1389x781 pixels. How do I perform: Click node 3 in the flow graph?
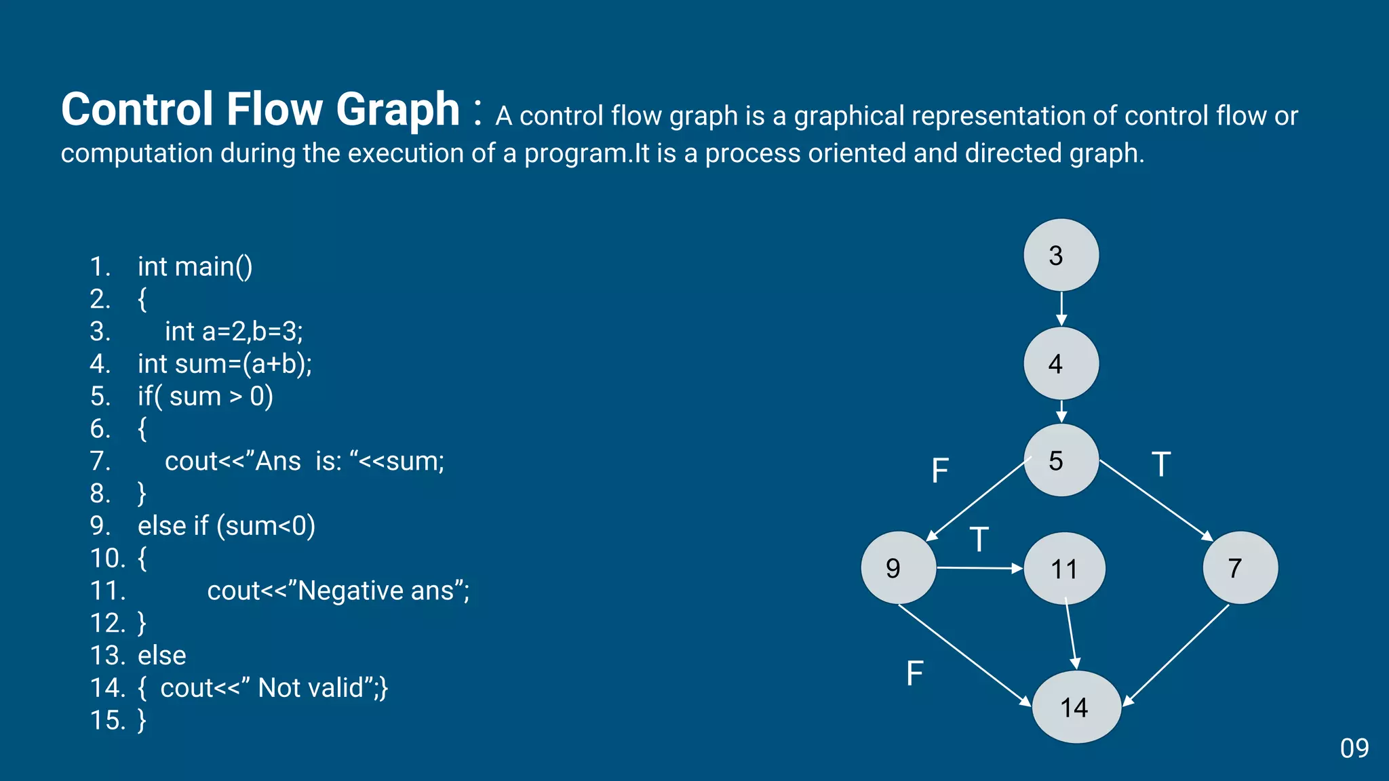[1061, 256]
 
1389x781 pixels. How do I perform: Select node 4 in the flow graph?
[1061, 364]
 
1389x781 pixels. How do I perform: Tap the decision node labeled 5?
[1061, 461]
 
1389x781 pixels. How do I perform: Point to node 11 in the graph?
[1064, 569]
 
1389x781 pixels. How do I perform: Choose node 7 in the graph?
[1240, 568]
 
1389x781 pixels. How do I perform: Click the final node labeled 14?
[1076, 707]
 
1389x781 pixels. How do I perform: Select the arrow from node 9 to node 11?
[979, 568]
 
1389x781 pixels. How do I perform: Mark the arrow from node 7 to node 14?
[1177, 655]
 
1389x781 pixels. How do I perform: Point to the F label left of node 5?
[940, 470]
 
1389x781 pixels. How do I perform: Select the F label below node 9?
[915, 673]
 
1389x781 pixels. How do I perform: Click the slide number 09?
[1354, 748]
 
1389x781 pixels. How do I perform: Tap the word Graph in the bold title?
[398, 109]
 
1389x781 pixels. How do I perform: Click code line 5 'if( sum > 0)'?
[205, 397]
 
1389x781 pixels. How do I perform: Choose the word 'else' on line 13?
[162, 656]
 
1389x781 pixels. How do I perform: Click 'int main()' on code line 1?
[195, 267]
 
